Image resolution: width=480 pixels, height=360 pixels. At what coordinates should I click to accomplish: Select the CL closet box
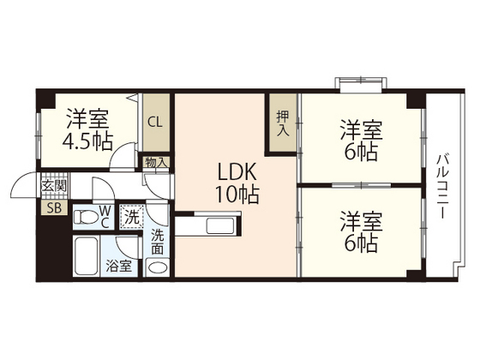pyautogui.click(x=155, y=122)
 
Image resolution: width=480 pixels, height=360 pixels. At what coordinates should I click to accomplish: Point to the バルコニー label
pyautogui.click(x=443, y=186)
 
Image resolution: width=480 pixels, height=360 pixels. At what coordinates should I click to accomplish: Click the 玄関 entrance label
pyautogui.click(x=53, y=186)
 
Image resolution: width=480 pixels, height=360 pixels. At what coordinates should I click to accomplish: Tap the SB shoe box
pyautogui.click(x=53, y=208)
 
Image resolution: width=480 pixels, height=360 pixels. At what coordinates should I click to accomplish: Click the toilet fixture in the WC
pyautogui.click(x=87, y=217)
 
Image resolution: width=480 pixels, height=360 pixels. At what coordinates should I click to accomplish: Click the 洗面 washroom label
pyautogui.click(x=158, y=242)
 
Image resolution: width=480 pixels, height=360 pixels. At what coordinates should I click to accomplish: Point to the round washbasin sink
pyautogui.click(x=158, y=267)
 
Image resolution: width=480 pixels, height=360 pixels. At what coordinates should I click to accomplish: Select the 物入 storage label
pyautogui.click(x=155, y=161)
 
